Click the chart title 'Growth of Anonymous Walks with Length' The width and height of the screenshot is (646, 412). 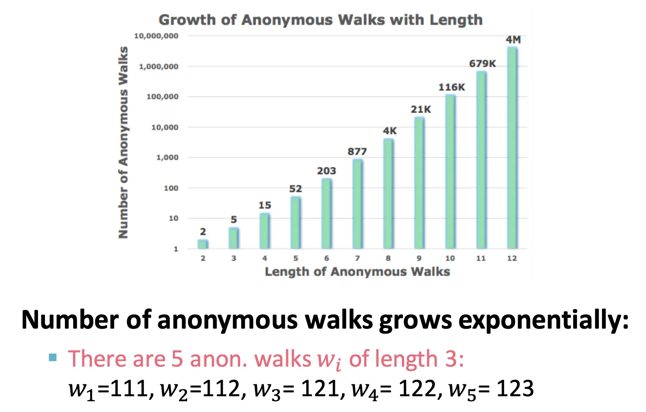[320, 20]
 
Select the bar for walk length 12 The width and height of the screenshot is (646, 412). [512, 148]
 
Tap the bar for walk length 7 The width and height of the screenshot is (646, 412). [357, 204]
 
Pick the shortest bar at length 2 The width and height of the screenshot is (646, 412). [203, 244]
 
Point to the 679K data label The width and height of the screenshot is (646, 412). [482, 63]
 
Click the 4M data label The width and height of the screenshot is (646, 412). [513, 40]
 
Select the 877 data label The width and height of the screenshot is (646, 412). [357, 151]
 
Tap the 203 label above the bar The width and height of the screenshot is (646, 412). [326, 171]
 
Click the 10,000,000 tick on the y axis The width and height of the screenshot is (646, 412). [156, 36]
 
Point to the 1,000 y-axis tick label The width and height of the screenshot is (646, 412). [167, 157]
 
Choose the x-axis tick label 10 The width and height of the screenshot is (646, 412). [450, 258]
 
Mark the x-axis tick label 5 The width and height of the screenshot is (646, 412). [295, 258]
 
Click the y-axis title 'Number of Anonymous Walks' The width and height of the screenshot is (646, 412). [123, 142]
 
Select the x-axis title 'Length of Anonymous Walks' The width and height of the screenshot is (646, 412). [357, 272]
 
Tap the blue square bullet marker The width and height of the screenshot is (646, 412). [53, 358]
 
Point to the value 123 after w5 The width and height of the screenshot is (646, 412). [515, 389]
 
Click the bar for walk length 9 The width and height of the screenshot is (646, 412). [419, 183]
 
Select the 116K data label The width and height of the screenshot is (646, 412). [452, 87]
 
